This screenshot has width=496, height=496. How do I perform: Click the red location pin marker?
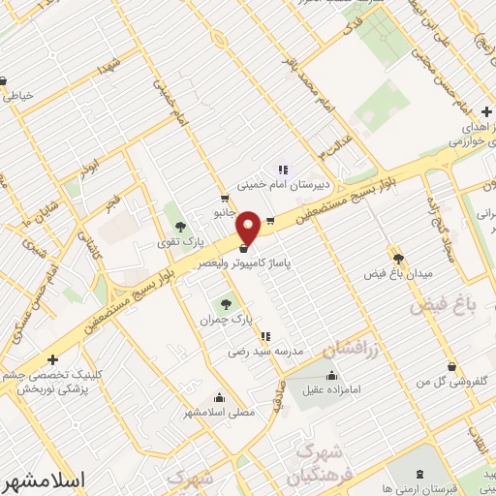248,228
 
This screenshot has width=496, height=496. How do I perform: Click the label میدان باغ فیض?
397,274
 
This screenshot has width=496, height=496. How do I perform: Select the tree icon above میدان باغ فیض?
397,258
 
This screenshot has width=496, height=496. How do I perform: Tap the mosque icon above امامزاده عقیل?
333,376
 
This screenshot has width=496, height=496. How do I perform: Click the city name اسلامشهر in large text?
44,480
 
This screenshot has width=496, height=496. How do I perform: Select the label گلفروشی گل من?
451,383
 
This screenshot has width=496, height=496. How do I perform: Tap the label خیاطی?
19,95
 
